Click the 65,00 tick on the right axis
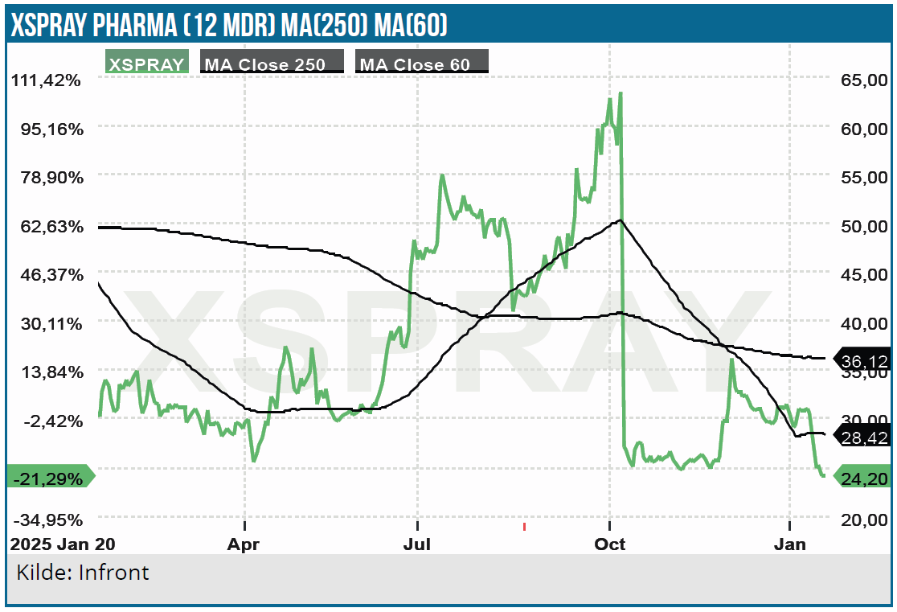click(x=864, y=80)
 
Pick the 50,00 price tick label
click(x=864, y=226)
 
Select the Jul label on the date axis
click(x=417, y=544)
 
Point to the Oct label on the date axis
click(x=610, y=544)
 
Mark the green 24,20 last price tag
click(x=863, y=477)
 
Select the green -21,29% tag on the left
click(x=50, y=477)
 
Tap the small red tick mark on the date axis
click(x=524, y=528)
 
